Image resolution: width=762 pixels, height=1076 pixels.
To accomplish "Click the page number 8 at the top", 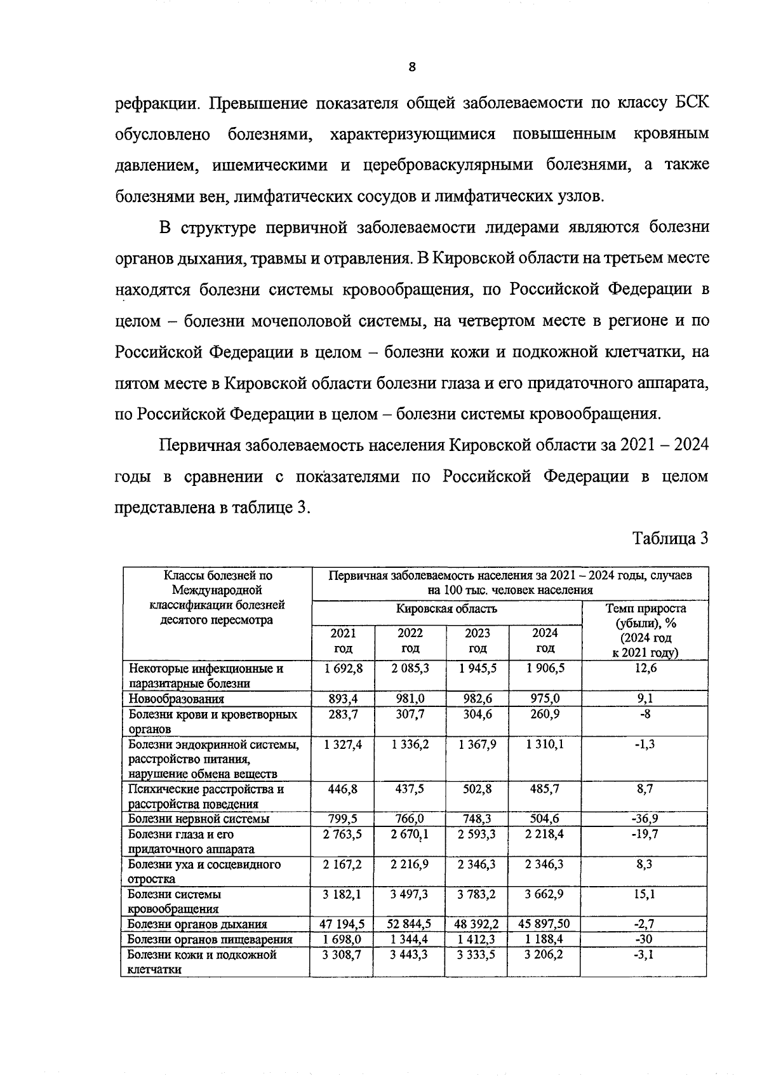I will click(x=411, y=67).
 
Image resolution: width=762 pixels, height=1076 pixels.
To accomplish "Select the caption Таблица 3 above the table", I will click(x=670, y=539).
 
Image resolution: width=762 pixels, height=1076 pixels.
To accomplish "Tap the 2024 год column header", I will click(x=545, y=640).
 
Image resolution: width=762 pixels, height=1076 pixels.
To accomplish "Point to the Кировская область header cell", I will click(x=446, y=609).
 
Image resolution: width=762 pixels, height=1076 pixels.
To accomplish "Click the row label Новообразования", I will click(x=176, y=699).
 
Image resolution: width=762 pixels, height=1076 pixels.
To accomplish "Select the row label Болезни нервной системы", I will click(x=198, y=819).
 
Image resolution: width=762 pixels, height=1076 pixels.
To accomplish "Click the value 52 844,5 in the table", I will click(x=410, y=924).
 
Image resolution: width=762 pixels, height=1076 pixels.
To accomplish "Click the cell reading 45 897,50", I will click(x=545, y=924).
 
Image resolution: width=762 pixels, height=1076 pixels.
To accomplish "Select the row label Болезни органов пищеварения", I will click(x=210, y=939).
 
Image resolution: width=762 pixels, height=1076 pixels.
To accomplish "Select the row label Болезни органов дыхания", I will click(x=197, y=924).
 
